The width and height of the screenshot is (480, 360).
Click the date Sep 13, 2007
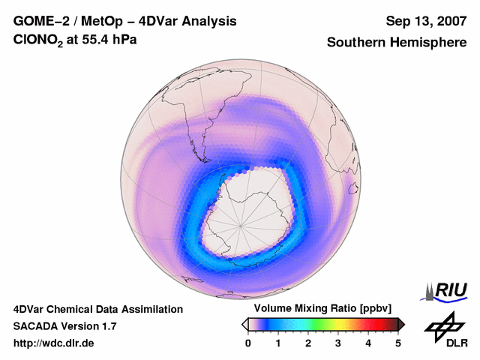tap(425, 21)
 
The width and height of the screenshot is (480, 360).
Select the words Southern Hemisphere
tap(397, 43)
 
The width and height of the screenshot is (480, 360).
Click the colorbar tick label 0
tap(248, 343)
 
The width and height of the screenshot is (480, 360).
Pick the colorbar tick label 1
tap(278, 343)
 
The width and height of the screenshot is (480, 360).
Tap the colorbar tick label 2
tap(308, 343)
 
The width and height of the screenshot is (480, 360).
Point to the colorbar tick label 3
tap(338, 343)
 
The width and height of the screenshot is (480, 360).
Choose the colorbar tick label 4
tap(368, 343)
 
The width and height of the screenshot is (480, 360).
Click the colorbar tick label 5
tap(398, 343)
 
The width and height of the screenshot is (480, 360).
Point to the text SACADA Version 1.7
tap(64, 326)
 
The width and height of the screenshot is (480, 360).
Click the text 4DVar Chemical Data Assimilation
tap(97, 309)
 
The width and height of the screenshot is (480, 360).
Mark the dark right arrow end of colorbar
tap(401, 324)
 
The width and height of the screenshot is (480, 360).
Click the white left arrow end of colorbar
tap(244, 324)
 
